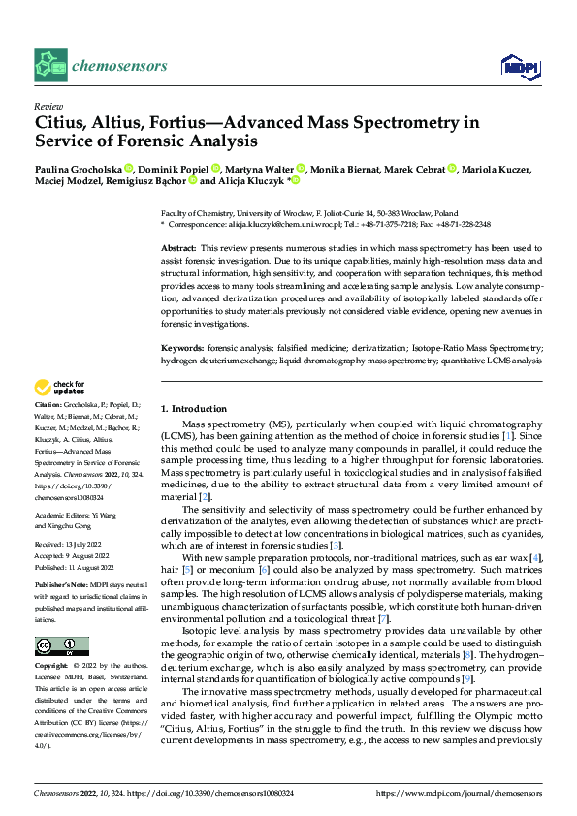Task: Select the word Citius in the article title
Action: [65, 123]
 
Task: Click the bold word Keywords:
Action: [181, 348]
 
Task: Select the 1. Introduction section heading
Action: [194, 409]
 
